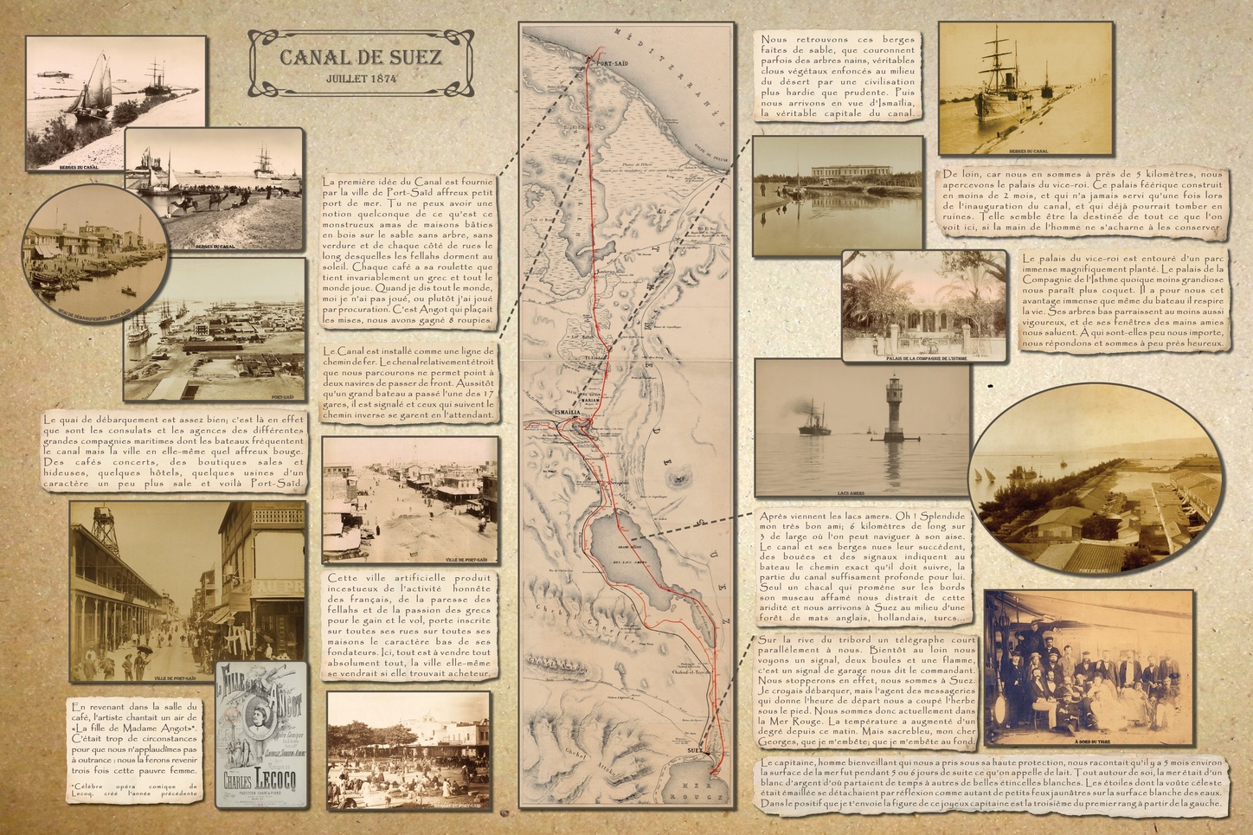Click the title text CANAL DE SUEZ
[x=360, y=58]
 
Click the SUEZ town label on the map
[x=694, y=751]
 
